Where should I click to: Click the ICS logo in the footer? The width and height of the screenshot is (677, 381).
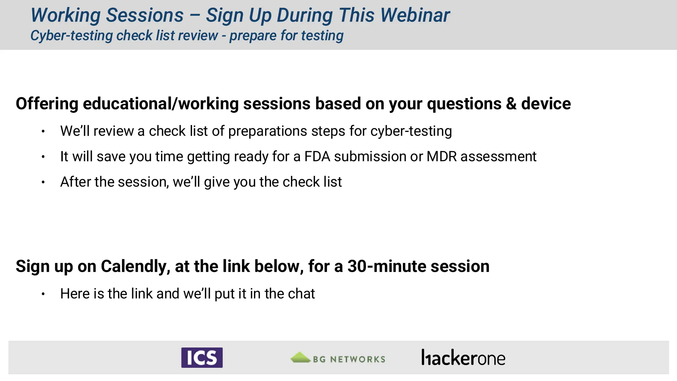point(202,358)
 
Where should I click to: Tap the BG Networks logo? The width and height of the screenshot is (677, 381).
point(338,358)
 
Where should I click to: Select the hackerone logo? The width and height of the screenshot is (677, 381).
point(463,358)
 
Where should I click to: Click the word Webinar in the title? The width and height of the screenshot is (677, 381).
point(415,15)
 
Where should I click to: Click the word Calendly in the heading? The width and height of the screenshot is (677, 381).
point(135,266)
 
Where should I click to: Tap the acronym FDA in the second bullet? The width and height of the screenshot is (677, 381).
point(317,156)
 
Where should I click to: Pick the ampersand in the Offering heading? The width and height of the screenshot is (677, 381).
point(511,104)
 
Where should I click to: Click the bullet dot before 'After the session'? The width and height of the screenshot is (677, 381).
point(43,182)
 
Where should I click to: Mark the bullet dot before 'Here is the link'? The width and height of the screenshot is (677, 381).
point(43,294)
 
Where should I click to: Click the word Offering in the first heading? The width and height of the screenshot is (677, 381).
point(47,104)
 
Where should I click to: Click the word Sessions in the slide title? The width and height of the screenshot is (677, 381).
point(145,15)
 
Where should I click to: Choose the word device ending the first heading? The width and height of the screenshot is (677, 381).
point(546,104)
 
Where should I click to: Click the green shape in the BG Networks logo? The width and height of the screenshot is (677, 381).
point(300,357)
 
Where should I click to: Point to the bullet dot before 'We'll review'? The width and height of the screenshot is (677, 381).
point(43,132)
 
